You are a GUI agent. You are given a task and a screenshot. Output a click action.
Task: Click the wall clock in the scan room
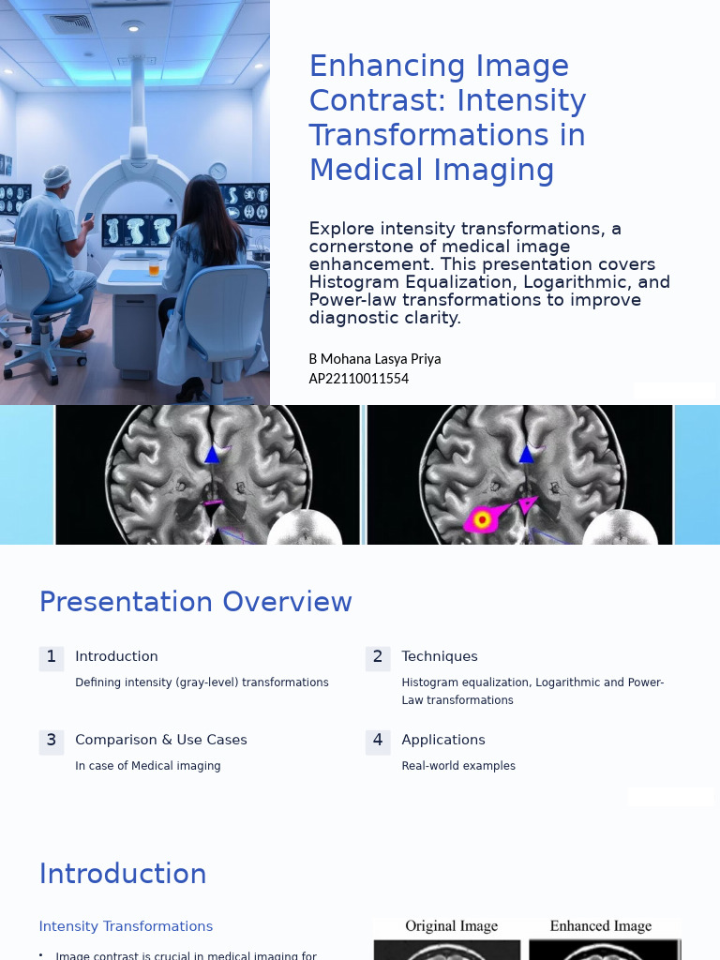coord(217,172)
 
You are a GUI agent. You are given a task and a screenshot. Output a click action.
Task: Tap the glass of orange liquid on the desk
coord(154,269)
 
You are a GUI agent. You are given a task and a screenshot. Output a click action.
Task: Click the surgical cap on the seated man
coord(57,176)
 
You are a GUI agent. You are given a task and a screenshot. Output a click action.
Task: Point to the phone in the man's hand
coord(89,217)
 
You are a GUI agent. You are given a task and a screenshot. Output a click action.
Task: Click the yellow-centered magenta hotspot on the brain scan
coord(482,518)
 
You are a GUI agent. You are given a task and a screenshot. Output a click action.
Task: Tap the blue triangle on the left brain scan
coord(212,455)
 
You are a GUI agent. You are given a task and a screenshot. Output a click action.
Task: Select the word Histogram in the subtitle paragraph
coord(352,282)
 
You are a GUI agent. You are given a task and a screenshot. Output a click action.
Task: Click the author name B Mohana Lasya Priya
coord(374,359)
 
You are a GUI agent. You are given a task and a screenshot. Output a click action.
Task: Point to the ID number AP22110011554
coord(358,379)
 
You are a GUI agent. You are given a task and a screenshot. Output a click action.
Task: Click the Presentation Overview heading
coord(195,602)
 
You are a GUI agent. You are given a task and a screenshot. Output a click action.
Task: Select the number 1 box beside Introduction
coord(52,657)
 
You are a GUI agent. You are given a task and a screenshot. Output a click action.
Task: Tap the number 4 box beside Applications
coord(378,741)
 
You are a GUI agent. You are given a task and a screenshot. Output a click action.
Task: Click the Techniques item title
coord(439,657)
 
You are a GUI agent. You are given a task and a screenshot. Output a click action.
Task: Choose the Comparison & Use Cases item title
coord(160,741)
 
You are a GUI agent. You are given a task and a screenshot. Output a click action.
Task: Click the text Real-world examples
coord(457,766)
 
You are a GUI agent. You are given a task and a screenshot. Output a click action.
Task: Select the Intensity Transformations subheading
coord(126,926)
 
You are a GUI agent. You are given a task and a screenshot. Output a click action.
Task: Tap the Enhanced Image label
coord(600,926)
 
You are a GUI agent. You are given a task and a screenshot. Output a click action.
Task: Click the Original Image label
coord(451,926)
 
